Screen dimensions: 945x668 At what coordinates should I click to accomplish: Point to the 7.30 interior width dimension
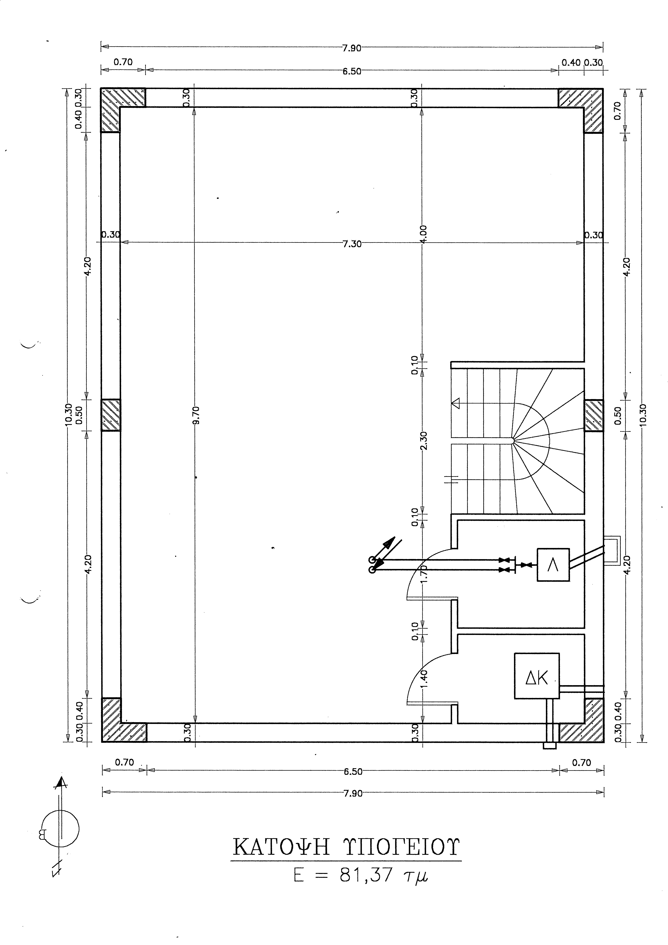pyautogui.click(x=352, y=244)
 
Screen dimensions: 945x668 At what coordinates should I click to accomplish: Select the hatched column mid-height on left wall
pyautogui.click(x=111, y=415)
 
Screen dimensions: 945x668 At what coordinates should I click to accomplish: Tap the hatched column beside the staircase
pyautogui.click(x=594, y=415)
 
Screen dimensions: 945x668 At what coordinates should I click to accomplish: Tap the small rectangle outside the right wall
pyautogui.click(x=612, y=551)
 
